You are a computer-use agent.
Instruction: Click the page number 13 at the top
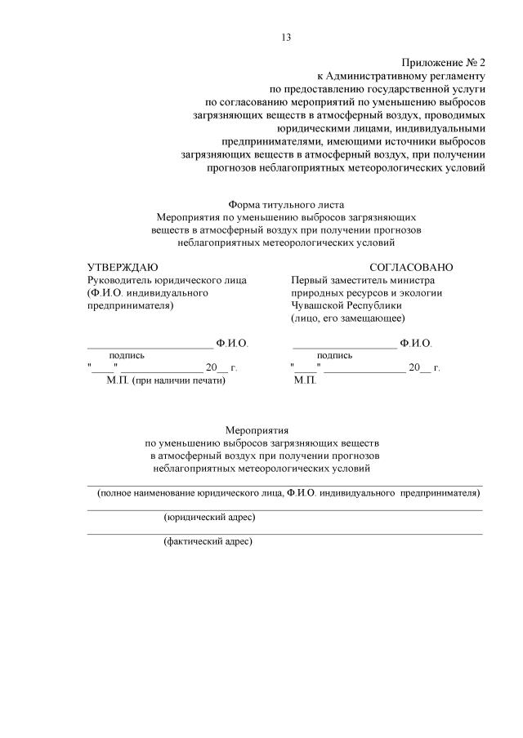[x=286, y=37]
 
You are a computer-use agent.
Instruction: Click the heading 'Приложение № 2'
[x=444, y=62]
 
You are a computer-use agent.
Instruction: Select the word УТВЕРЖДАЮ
[x=123, y=267]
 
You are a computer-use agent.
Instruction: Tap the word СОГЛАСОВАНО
[x=411, y=267]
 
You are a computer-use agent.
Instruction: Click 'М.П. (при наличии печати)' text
[x=165, y=380]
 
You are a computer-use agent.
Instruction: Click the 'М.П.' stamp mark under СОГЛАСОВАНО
[x=305, y=380]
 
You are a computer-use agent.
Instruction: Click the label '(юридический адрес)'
[x=210, y=518]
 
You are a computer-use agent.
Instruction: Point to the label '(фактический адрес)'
[x=208, y=541]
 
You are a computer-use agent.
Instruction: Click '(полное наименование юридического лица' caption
[x=190, y=494]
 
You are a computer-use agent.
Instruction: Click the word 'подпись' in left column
[x=127, y=355]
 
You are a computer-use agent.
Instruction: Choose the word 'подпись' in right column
[x=335, y=355]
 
